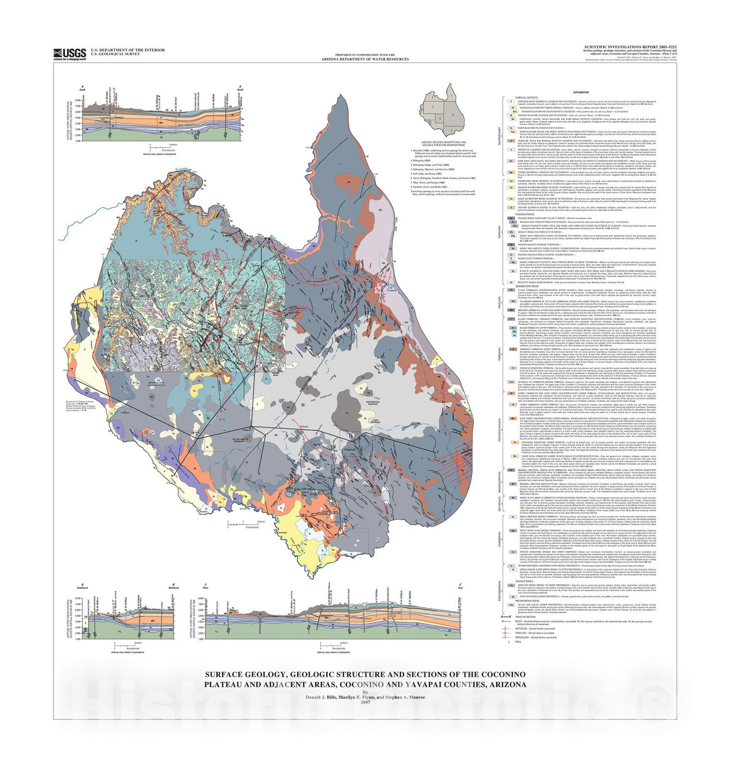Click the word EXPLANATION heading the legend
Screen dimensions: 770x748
(x=580, y=92)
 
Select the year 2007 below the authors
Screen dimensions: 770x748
(x=365, y=702)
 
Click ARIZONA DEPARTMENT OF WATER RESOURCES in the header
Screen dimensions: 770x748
(x=365, y=59)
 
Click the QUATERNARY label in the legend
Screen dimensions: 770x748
(x=499, y=140)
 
